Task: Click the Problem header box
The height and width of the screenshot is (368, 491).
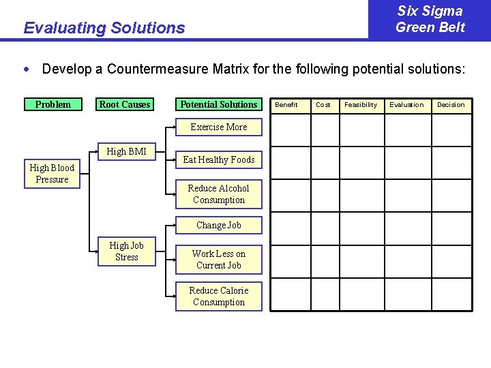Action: coord(53,104)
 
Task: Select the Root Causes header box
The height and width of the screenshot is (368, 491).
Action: coord(125,104)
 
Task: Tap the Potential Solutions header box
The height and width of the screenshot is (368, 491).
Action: coord(219,104)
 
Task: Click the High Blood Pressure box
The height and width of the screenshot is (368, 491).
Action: coord(52,174)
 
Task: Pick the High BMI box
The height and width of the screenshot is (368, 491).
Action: coord(126,151)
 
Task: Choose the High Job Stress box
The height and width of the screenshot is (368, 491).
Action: coord(126,251)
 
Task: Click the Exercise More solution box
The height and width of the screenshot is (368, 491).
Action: coord(218,127)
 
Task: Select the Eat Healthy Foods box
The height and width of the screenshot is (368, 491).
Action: coord(219,159)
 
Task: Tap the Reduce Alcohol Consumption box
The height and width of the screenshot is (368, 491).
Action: coord(218,194)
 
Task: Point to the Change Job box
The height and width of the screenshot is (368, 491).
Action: coord(218,225)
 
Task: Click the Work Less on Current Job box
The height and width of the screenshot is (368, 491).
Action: coord(218,260)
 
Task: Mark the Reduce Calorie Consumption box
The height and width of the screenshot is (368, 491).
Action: coord(218,296)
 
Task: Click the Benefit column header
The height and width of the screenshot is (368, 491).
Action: coord(286,105)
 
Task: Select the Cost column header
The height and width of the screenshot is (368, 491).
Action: coord(323,105)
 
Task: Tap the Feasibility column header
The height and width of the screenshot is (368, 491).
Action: coord(361,105)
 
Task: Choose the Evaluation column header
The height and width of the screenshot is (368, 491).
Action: coord(406,105)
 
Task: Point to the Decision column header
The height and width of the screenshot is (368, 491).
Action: coord(451,105)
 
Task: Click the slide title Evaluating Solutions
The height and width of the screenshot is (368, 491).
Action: coord(104,28)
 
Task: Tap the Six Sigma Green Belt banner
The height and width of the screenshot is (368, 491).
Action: coord(430,19)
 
